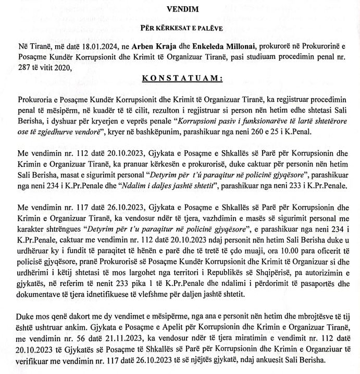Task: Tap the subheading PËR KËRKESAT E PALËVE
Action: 179,27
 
